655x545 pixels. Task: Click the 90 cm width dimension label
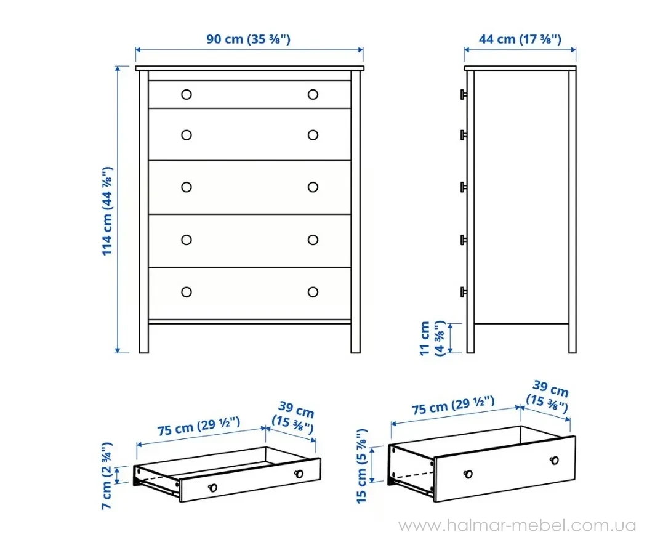[x=248, y=39]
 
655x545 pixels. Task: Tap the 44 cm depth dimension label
[x=520, y=39]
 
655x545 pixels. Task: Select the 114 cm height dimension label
[x=107, y=211]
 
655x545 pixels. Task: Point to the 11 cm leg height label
[x=432, y=339]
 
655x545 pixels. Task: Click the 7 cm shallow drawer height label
[x=107, y=475]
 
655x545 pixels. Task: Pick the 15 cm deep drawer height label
[x=362, y=466]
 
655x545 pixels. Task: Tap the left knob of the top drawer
[x=187, y=94]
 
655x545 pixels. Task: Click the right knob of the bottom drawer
[x=313, y=292]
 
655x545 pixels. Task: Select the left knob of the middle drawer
[x=187, y=187]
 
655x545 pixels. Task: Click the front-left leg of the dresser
[x=143, y=337]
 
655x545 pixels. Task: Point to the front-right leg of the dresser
[x=355, y=337]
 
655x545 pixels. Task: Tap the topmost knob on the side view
[x=464, y=94]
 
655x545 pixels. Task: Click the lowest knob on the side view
[x=464, y=292]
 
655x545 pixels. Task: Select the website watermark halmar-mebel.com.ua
[x=517, y=525]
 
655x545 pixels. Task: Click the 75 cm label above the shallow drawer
[x=199, y=426]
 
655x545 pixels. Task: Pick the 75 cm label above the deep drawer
[x=453, y=405]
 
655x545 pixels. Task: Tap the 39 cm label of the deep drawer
[x=548, y=397]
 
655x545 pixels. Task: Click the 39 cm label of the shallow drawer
[x=293, y=418]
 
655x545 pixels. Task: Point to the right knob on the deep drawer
[x=554, y=460]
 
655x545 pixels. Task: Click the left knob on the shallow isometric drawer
[x=212, y=487]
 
